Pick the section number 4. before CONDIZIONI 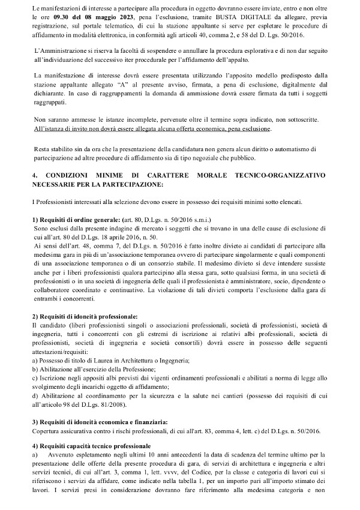point(35,175)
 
